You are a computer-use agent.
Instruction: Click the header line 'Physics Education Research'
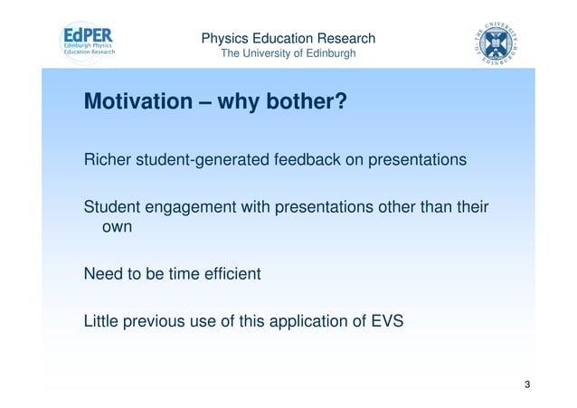[288, 38]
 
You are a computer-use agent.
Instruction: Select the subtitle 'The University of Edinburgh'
[288, 54]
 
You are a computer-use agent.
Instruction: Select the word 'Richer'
[106, 161]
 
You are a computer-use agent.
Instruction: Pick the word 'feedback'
[291, 161]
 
